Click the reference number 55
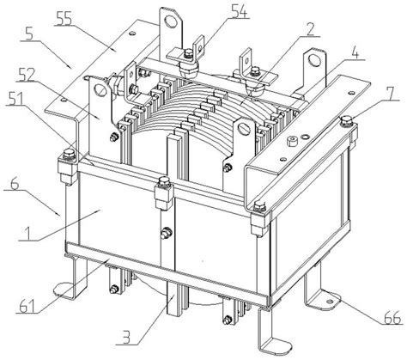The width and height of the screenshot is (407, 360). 65,18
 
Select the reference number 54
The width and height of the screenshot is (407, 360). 239,12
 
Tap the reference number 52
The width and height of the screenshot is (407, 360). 25,75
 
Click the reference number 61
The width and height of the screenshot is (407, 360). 27,306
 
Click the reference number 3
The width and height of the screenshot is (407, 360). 126,338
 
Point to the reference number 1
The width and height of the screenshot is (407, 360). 28,234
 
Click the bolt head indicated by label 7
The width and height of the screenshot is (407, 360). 346,120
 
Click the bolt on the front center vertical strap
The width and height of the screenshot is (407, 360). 167,232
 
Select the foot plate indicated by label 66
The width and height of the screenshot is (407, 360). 328,302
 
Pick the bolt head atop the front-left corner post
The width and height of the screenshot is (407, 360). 69,153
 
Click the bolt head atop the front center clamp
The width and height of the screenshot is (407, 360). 163,181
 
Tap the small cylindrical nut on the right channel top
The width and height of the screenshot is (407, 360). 292,141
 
